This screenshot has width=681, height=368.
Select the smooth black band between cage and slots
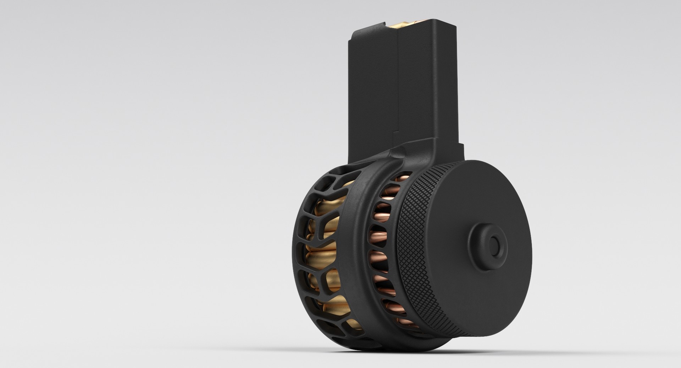pyautogui.click(x=358, y=248)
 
